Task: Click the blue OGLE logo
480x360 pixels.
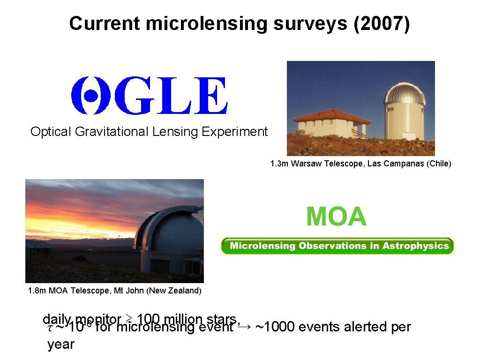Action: coord(149,96)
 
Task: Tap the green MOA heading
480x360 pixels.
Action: coord(336,217)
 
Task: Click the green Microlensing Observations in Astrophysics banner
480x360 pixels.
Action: coord(337,246)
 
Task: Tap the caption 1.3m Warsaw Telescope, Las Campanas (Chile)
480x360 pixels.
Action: coord(360,164)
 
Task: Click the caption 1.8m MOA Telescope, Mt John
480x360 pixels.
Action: coord(114,291)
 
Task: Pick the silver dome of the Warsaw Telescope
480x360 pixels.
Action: coord(404,93)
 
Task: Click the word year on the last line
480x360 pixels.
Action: coord(61,345)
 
